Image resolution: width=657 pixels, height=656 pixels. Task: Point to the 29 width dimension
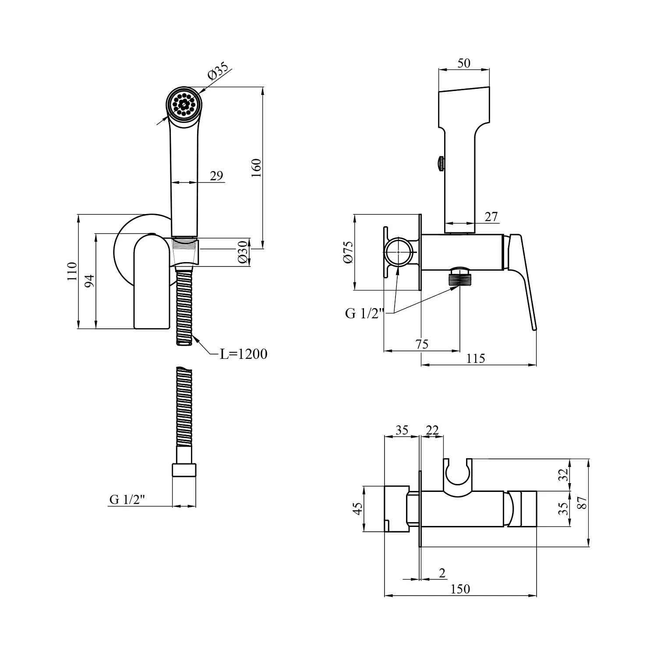[216, 176]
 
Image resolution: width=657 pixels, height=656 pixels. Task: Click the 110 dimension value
[72, 271]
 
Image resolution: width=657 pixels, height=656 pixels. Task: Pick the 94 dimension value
[89, 281]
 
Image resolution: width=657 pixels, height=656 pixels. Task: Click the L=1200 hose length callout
[243, 354]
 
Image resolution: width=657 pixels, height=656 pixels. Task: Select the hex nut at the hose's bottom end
[184, 470]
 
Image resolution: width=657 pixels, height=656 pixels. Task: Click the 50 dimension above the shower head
[463, 63]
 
